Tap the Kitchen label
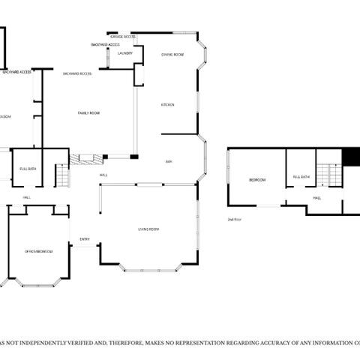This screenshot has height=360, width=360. [x=168, y=104]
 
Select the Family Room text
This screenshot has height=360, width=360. [x=89, y=113]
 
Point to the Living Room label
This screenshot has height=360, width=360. [x=148, y=229]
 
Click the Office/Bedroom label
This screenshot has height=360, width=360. [x=38, y=251]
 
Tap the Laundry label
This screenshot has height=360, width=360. [x=124, y=53]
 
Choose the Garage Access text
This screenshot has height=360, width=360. [x=122, y=36]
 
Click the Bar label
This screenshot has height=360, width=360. [x=169, y=161]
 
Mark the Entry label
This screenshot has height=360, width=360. [x=85, y=240]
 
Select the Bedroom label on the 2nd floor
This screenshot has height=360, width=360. [x=258, y=180]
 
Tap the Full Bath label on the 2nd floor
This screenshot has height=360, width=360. [x=301, y=177]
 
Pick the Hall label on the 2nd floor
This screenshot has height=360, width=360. [x=317, y=198]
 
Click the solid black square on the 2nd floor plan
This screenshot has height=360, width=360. [x=351, y=156]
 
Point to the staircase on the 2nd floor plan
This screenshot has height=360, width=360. [x=328, y=175]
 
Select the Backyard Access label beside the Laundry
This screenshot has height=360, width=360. [x=105, y=45]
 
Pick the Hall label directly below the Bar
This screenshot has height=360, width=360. [x=103, y=175]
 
